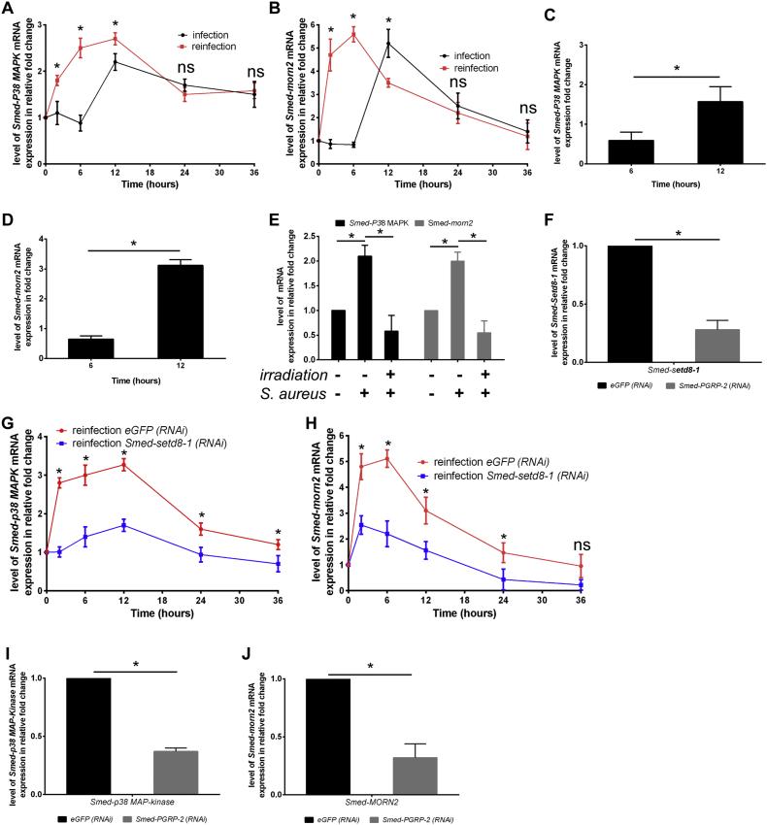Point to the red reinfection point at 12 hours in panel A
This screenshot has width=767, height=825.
click(115, 39)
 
